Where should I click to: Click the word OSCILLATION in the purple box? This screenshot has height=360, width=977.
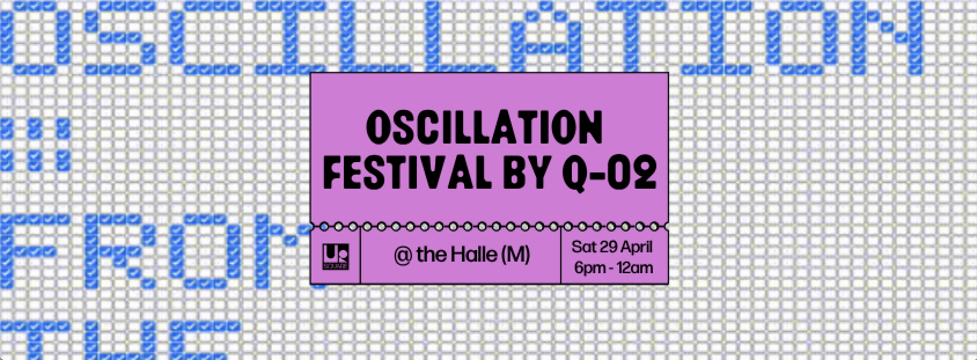coord(484,129)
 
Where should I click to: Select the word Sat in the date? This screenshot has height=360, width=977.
coord(584,247)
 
